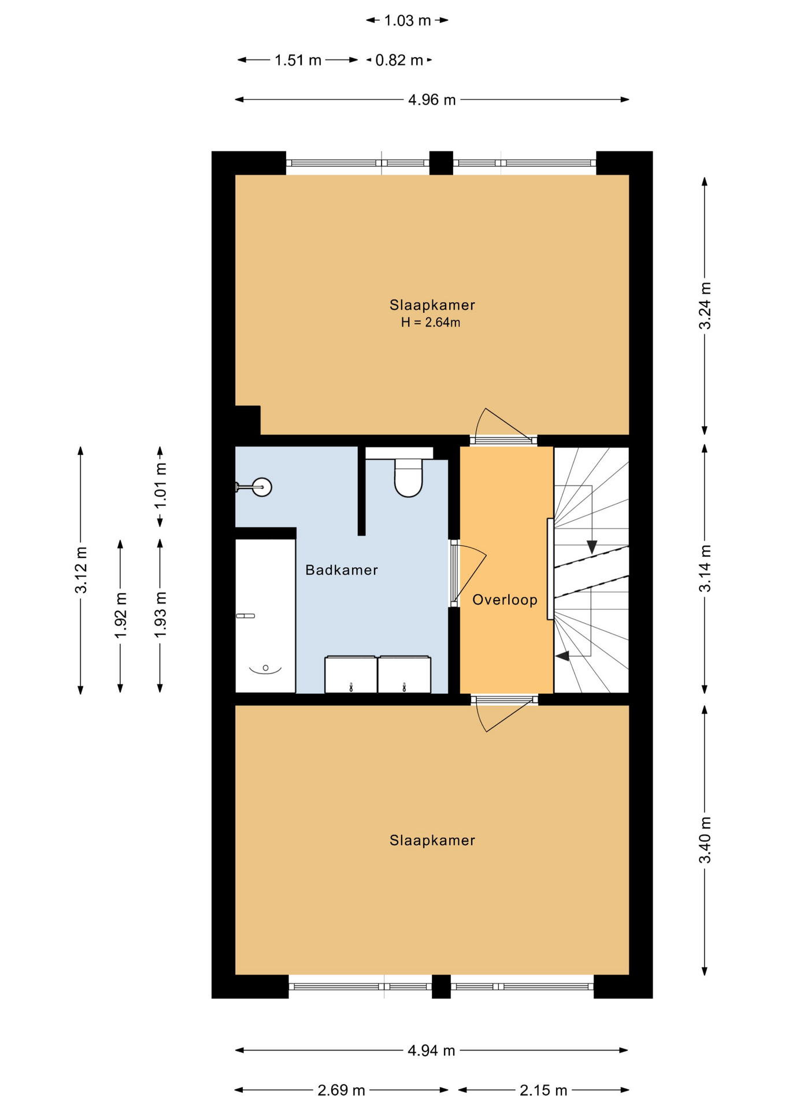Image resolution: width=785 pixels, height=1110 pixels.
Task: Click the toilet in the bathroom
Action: (408, 478)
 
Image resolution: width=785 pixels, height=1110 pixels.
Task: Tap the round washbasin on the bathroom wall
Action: (262, 487)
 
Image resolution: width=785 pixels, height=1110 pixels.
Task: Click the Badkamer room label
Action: (342, 570)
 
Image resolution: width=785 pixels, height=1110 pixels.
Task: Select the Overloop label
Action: (505, 600)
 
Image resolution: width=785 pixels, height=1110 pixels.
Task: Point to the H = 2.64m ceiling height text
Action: (431, 323)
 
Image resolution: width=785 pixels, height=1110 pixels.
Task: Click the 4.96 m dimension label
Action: (432, 100)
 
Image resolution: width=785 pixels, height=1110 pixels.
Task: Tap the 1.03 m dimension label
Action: (408, 21)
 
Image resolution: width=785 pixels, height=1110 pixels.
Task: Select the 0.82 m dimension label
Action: (399, 60)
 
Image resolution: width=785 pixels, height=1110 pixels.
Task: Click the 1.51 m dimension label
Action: (298, 60)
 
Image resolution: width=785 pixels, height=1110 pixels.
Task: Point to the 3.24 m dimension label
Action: (705, 306)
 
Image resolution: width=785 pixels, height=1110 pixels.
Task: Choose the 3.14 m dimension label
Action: (705, 568)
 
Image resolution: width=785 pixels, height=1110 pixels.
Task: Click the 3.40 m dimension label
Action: (705, 840)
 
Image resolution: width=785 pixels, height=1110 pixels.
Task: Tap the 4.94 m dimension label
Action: (431, 1050)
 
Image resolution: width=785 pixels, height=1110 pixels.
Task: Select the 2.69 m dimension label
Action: (341, 1090)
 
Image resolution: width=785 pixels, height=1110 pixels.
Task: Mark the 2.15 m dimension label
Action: (543, 1090)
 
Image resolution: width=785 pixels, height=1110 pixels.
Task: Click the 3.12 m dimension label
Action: (81, 569)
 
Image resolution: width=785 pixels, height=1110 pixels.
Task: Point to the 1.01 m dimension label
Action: (160, 486)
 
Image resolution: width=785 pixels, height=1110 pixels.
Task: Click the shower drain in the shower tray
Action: (265, 668)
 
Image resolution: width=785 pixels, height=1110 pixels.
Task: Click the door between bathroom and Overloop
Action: (468, 573)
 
